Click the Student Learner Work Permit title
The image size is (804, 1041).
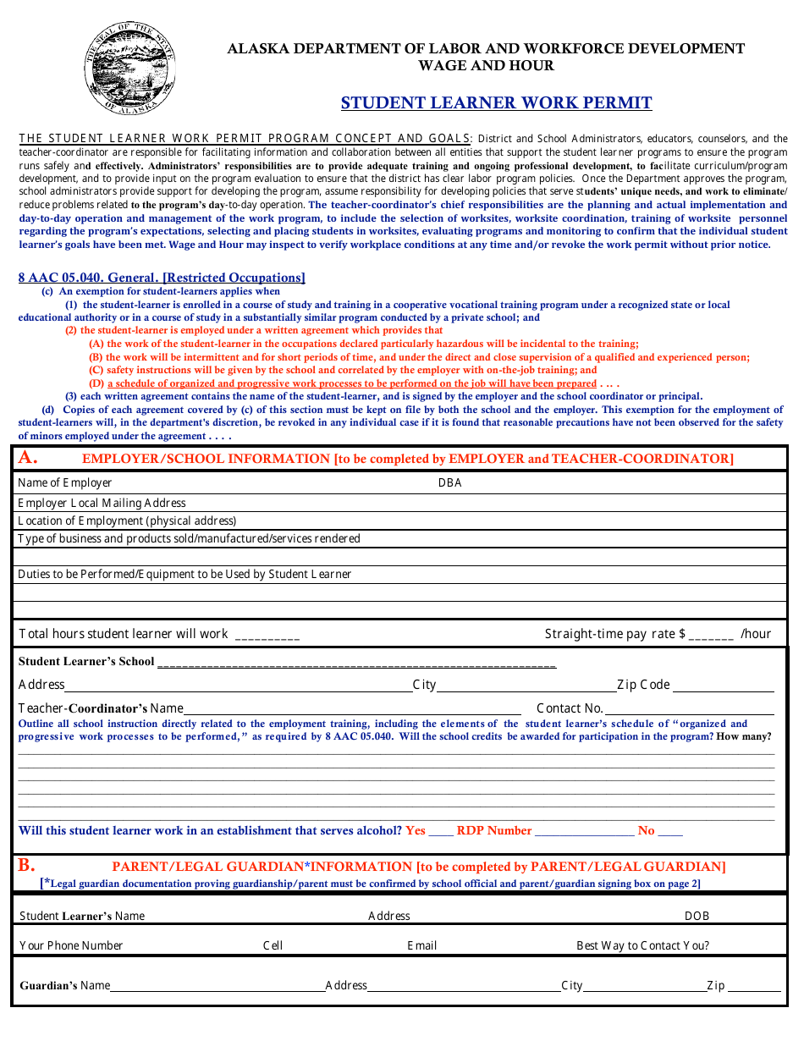(x=496, y=103)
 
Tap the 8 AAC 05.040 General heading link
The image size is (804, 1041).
(x=162, y=278)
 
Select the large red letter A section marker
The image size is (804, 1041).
(x=28, y=458)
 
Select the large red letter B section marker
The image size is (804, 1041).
(x=27, y=865)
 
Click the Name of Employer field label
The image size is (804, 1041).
(x=65, y=482)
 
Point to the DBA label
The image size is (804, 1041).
(x=449, y=483)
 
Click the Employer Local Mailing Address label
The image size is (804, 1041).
(x=102, y=503)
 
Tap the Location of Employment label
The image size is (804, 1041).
(x=127, y=520)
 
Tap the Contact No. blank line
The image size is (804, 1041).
(x=689, y=709)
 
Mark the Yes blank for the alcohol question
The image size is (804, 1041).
(x=441, y=832)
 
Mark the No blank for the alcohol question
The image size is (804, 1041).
(x=670, y=832)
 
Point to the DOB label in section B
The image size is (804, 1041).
(x=697, y=916)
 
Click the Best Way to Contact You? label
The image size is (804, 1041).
(x=642, y=945)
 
